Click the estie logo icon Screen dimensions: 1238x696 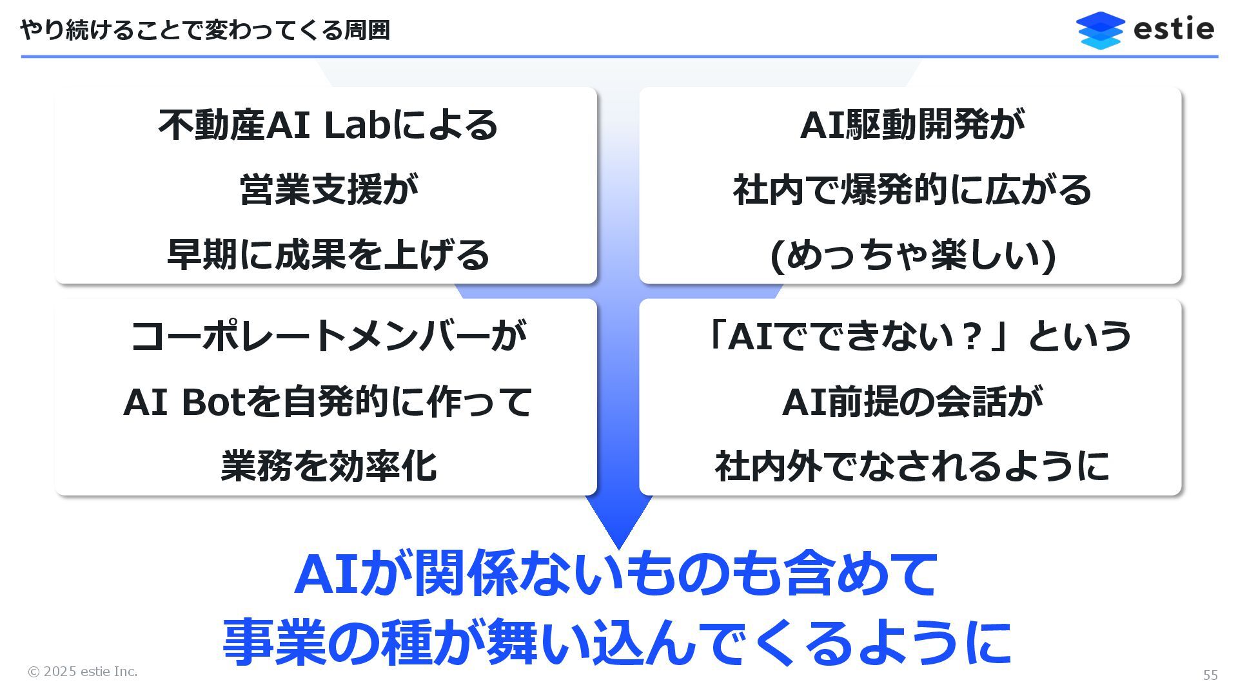(1100, 30)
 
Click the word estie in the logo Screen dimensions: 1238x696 (1174, 30)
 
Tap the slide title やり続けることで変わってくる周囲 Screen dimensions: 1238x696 (205, 30)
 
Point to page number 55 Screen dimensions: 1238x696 (1210, 675)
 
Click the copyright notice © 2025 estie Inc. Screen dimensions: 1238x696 (83, 672)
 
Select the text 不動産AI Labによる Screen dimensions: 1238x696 (328, 125)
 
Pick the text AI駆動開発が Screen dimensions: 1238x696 (912, 125)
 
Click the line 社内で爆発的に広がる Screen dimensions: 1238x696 (912, 189)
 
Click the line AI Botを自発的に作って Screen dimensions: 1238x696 (328, 401)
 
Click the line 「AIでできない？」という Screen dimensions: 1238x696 (916, 336)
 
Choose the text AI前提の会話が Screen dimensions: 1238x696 (912, 401)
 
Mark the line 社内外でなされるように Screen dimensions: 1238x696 (912, 466)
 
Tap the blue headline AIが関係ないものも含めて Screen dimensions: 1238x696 (616, 573)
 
